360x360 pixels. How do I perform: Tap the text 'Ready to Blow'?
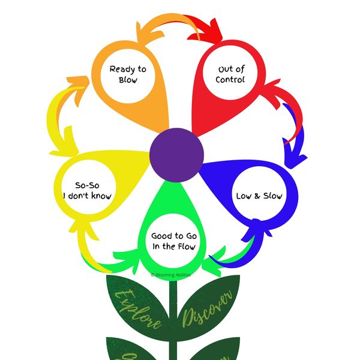point(127,74)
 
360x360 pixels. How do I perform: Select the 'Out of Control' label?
point(231,74)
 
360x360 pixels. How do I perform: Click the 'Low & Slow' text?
point(259,196)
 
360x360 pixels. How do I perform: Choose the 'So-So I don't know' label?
point(88,191)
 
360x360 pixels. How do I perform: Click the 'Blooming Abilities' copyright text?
point(173,274)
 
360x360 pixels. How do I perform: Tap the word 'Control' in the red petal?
point(232,80)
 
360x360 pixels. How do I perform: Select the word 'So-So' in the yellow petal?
point(88,185)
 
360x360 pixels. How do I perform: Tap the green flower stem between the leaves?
point(174,318)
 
